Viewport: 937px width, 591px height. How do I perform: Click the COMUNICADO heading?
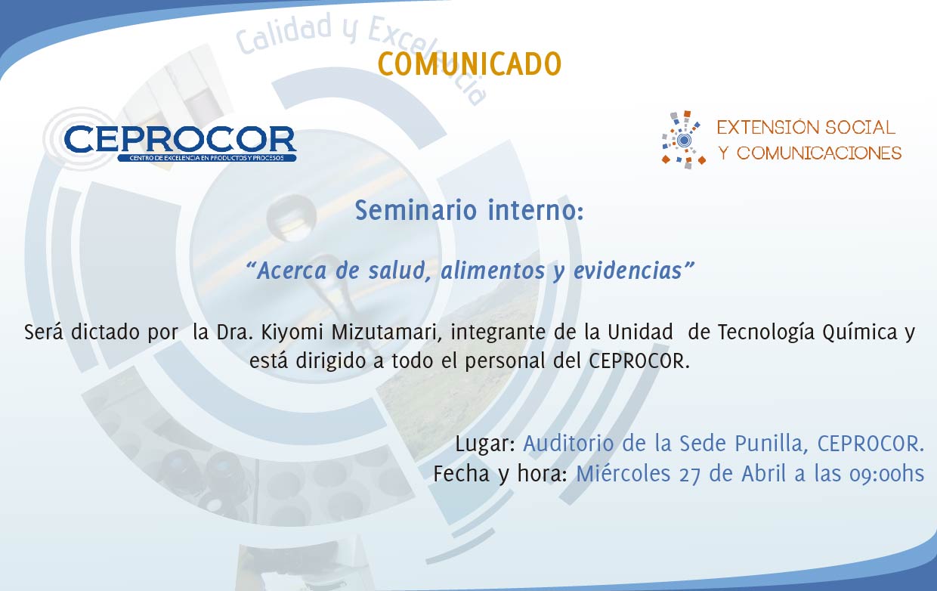click(x=469, y=64)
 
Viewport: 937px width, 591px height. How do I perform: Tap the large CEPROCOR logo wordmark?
click(x=181, y=139)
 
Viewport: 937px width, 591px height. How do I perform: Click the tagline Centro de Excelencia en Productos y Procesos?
click(x=206, y=158)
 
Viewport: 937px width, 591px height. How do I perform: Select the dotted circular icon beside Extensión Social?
click(x=684, y=140)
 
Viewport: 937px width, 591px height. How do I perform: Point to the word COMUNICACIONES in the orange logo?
click(x=818, y=153)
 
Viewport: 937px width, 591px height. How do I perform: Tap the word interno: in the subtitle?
click(x=536, y=210)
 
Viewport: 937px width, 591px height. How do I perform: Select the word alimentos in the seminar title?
click(x=493, y=271)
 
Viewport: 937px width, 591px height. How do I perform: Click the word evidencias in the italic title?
click(x=628, y=271)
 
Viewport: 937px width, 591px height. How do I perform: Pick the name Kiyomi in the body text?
click(x=292, y=333)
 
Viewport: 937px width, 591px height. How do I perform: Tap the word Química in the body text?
click(x=860, y=333)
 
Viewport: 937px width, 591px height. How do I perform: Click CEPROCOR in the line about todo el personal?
click(x=639, y=361)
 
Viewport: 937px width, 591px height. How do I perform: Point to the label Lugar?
click(x=485, y=444)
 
